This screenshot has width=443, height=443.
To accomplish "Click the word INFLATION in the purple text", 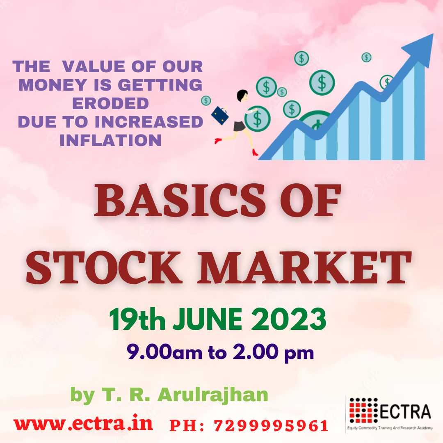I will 110,140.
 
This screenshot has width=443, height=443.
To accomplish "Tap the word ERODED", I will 110,103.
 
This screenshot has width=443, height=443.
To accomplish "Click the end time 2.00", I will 253,352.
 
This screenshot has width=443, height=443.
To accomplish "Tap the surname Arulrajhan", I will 213,395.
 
